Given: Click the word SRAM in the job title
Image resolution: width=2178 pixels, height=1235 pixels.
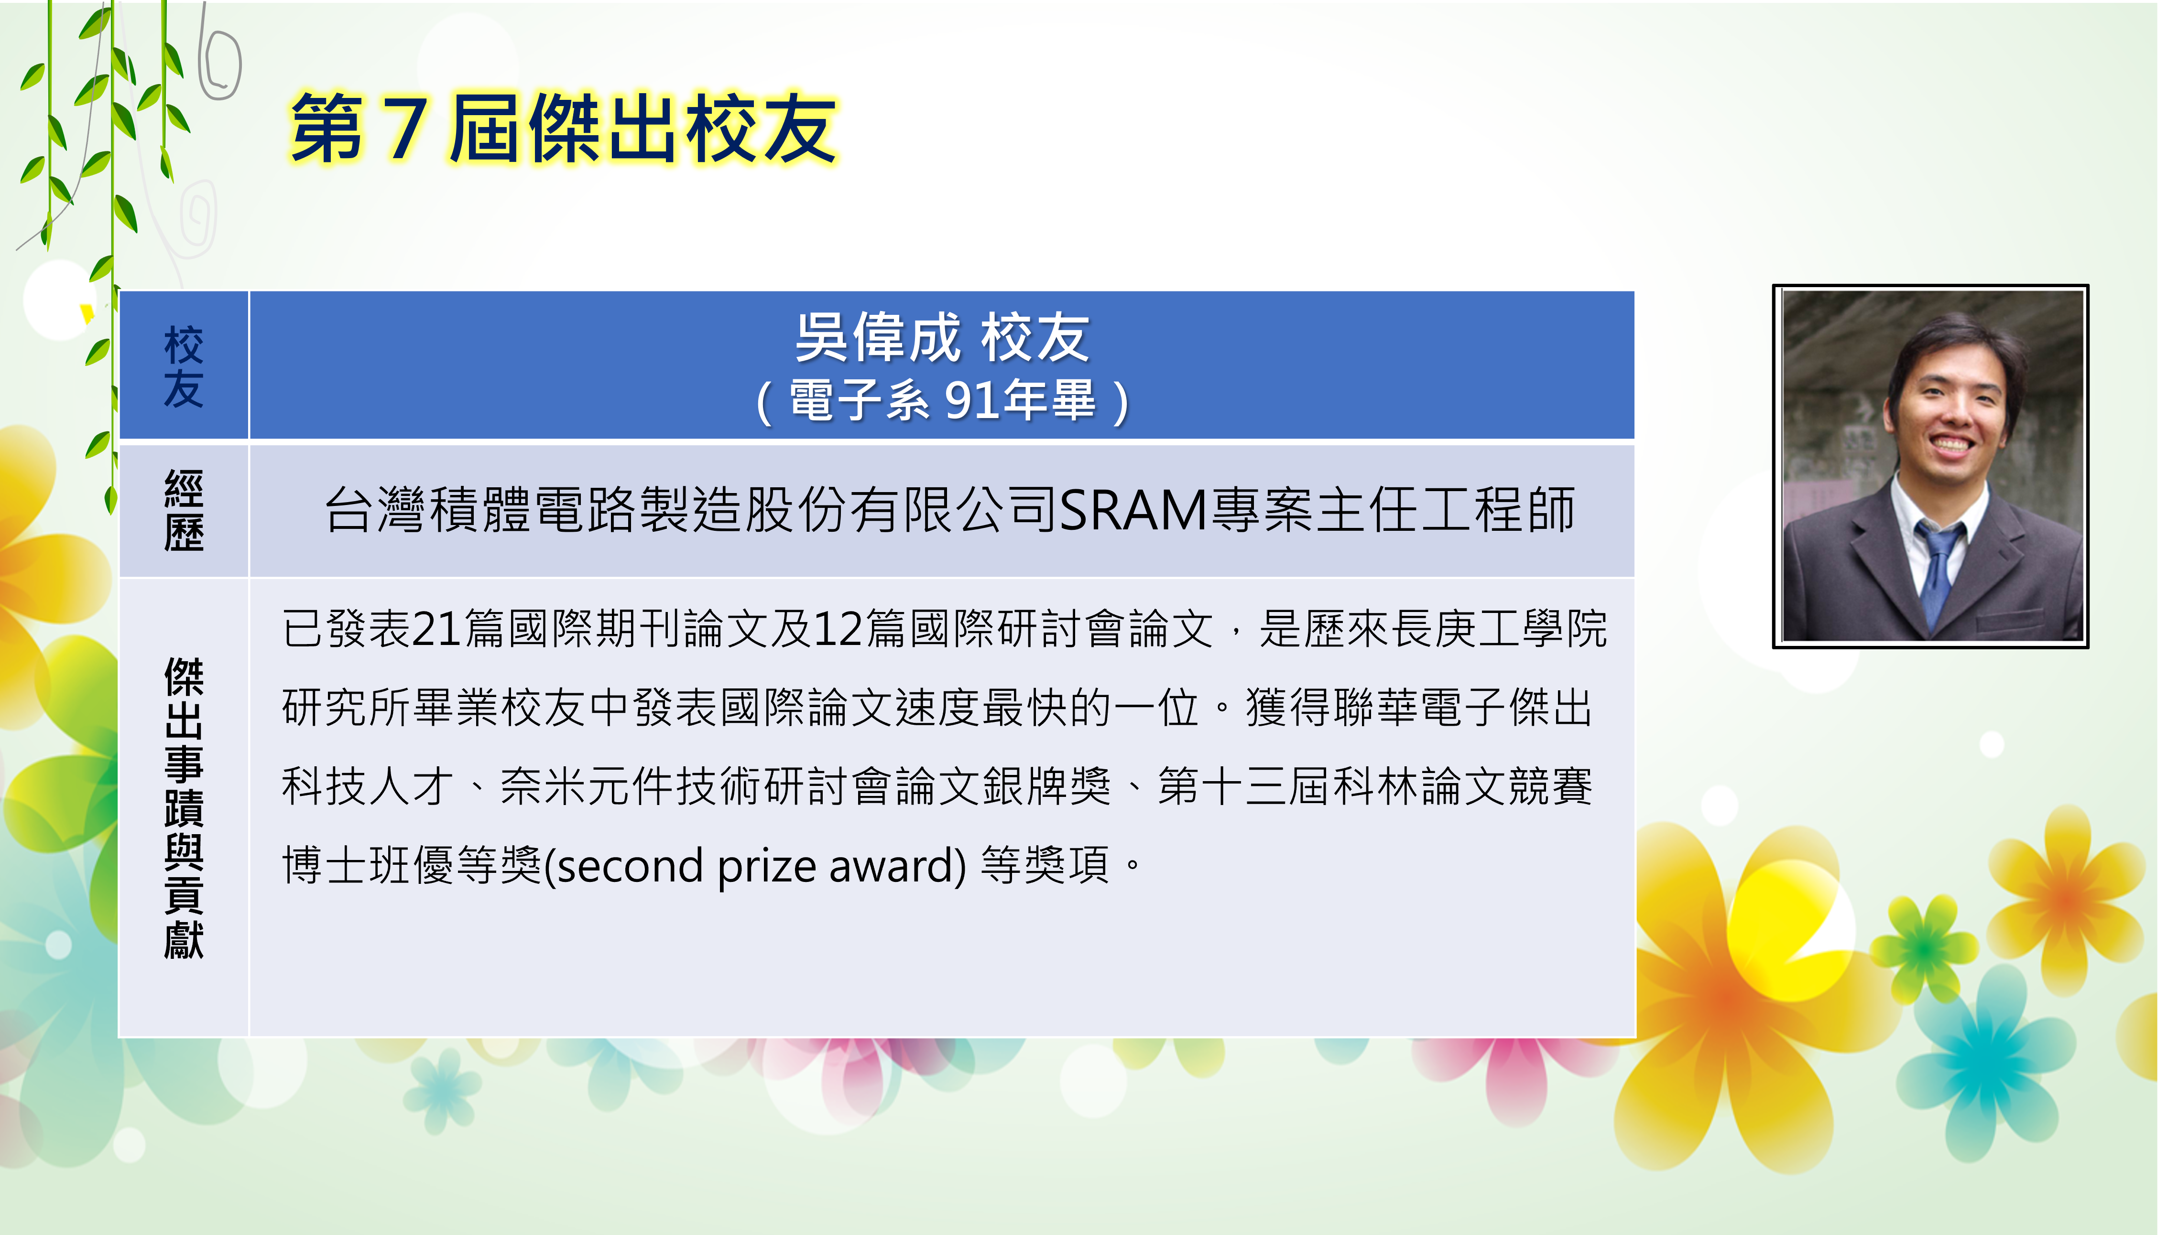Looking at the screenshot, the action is (x=1133, y=511).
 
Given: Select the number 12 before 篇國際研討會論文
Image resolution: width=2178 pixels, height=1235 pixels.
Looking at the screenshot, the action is (x=839, y=629).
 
